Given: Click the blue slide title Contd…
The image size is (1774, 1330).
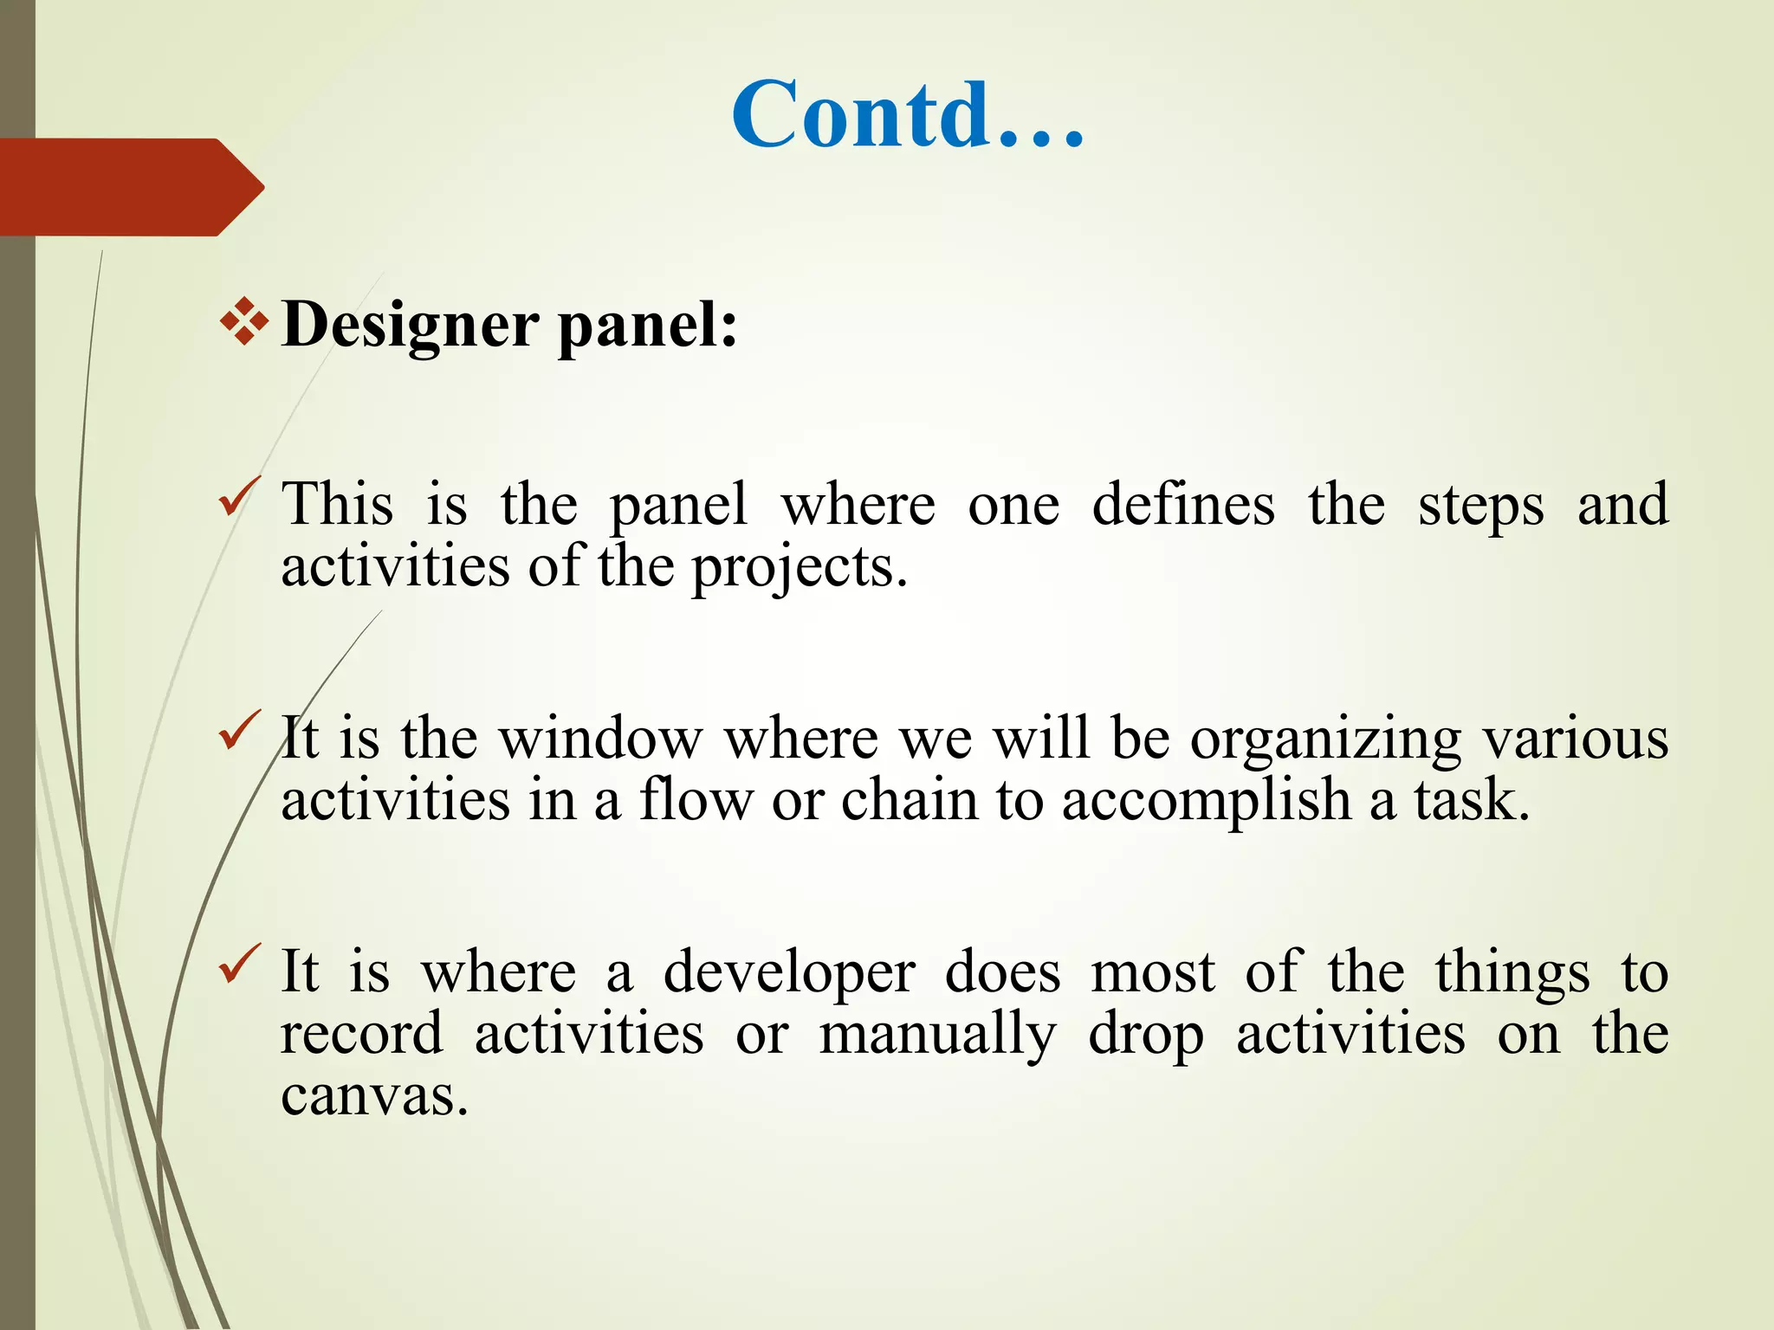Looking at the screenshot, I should [x=908, y=115].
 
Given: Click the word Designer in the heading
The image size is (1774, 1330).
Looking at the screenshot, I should [x=411, y=326].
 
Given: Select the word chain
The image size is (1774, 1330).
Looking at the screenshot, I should [x=910, y=799].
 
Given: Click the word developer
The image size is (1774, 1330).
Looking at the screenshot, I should [x=789, y=973].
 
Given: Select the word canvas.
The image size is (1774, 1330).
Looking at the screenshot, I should [x=373, y=1096].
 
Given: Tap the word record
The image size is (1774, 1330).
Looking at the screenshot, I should [x=361, y=1034].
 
